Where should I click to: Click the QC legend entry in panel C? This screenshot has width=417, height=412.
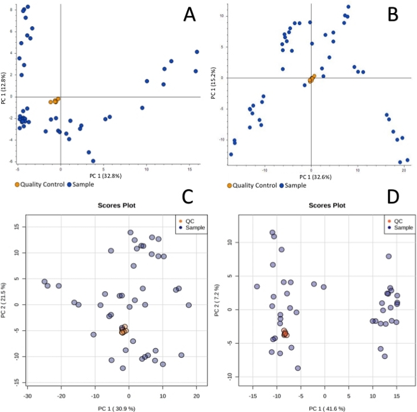189,221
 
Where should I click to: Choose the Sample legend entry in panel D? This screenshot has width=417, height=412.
401,227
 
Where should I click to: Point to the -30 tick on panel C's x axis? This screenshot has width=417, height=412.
26,395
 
